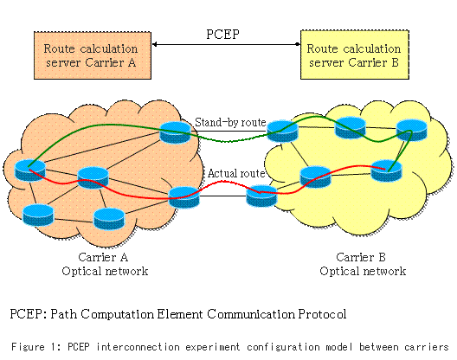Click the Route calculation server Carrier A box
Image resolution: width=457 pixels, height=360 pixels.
click(93, 55)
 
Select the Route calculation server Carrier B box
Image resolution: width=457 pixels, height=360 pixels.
click(355, 55)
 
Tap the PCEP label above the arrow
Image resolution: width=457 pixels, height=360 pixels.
click(222, 34)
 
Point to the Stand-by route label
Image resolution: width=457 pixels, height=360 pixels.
click(230, 122)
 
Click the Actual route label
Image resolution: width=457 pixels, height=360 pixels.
click(236, 173)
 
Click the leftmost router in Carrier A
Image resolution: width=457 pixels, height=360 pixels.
click(30, 170)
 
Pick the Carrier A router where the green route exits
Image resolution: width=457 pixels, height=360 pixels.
click(175, 132)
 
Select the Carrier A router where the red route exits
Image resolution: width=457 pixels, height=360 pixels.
click(184, 197)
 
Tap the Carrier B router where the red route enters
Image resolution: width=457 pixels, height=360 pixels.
click(261, 196)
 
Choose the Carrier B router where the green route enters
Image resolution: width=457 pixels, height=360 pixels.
click(282, 132)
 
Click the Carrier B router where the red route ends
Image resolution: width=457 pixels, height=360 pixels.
click(386, 170)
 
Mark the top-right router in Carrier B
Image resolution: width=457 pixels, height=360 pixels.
click(411, 131)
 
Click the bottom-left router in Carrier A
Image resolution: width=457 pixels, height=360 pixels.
click(38, 215)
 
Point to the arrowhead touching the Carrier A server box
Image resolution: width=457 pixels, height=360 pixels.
click(154, 44)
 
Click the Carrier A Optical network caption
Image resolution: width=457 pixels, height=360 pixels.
click(105, 264)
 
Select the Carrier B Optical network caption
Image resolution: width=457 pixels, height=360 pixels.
click(363, 264)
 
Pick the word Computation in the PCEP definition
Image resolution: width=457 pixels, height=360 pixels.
click(117, 314)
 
